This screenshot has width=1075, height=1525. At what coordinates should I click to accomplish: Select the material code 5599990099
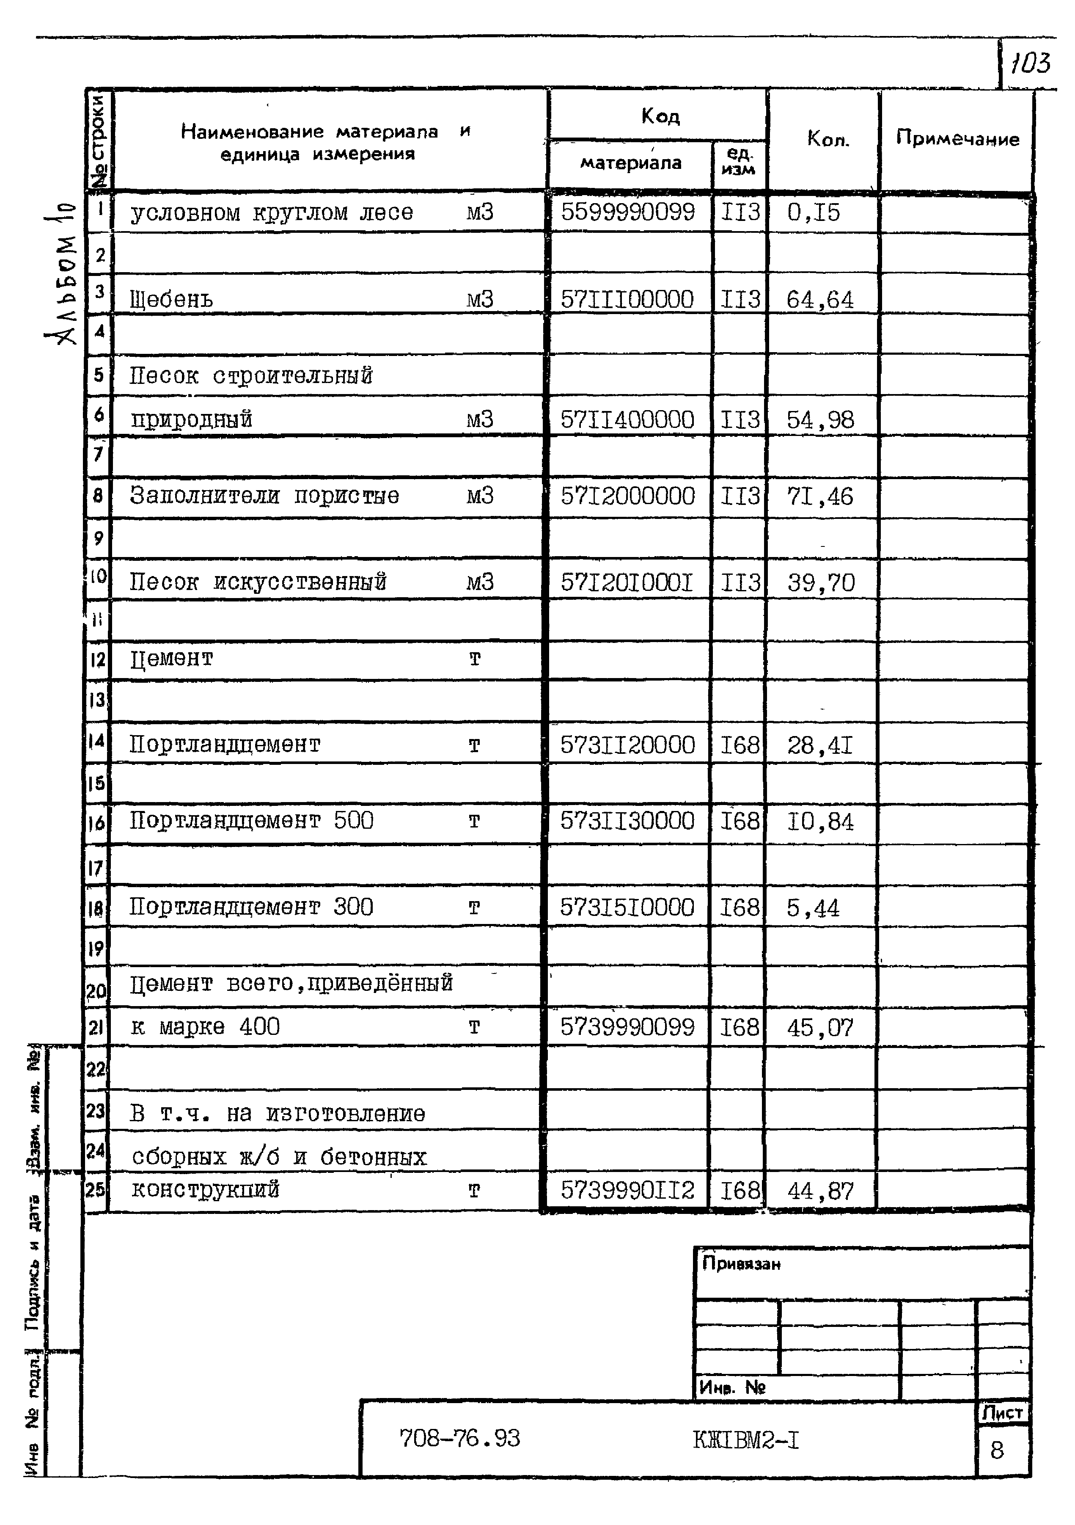pyautogui.click(x=627, y=212)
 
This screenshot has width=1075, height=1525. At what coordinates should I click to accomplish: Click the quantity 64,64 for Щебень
pyautogui.click(x=820, y=300)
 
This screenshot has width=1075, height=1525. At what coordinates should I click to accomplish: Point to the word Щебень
pyautogui.click(x=171, y=300)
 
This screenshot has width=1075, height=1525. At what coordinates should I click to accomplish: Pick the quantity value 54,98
pyautogui.click(x=820, y=420)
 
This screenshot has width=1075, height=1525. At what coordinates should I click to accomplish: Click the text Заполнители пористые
pyautogui.click(x=264, y=496)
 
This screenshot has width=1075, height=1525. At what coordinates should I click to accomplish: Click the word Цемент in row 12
pyautogui.click(x=171, y=659)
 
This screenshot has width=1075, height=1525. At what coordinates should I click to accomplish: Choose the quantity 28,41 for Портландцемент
pyautogui.click(x=820, y=746)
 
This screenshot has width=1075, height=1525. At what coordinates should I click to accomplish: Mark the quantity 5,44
pyautogui.click(x=813, y=908)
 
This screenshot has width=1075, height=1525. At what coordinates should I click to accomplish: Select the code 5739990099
pyautogui.click(x=627, y=1028)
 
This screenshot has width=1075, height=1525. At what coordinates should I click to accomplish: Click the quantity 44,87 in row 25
pyautogui.click(x=820, y=1191)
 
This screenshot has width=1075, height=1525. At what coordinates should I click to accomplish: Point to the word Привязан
pyautogui.click(x=741, y=1263)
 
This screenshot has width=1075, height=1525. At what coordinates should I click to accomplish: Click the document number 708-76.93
pyautogui.click(x=459, y=1438)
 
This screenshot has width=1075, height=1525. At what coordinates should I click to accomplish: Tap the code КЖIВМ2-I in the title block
pyautogui.click(x=746, y=1440)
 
